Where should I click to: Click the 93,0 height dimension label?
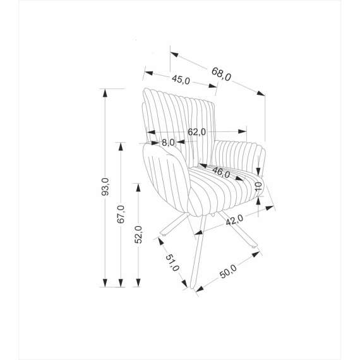[x=105, y=187]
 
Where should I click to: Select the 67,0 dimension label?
[x=121, y=214]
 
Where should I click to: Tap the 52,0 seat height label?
[x=138, y=234]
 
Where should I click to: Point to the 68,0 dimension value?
[x=221, y=74]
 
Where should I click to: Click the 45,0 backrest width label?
[x=181, y=80]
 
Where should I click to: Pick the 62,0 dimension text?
[x=197, y=132]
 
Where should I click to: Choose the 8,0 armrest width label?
[x=168, y=143]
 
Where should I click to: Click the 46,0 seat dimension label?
[x=221, y=172]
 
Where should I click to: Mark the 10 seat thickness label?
[x=258, y=187]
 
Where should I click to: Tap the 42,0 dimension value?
[x=234, y=220]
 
